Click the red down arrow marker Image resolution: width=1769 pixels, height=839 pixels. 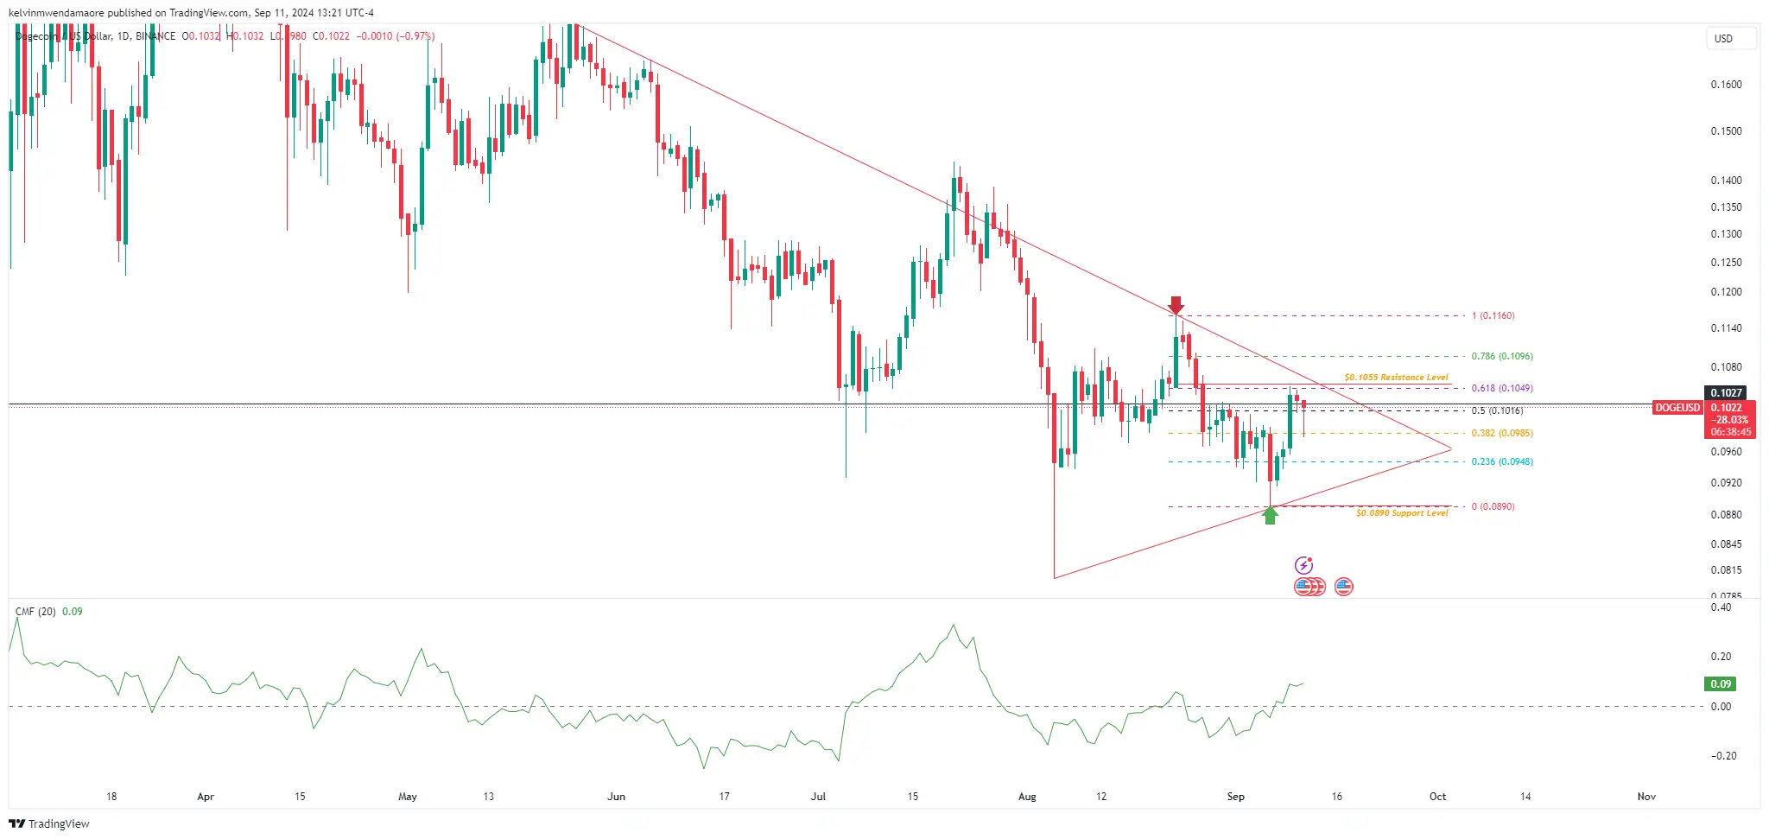pos(1176,305)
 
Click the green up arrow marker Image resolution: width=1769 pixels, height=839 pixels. pos(1270,516)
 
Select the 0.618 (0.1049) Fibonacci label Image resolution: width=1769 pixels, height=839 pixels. pos(1502,388)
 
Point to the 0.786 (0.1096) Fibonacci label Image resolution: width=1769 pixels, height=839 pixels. pos(1502,356)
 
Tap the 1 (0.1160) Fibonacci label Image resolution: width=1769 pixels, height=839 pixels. pos(1493,316)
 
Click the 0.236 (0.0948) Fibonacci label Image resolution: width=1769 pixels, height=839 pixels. pos(1502,461)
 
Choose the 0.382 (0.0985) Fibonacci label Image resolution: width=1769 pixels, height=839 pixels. pos(1502,433)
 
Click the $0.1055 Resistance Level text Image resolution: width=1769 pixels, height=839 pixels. pos(1396,378)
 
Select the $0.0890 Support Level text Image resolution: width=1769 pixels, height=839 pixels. pos(1402,513)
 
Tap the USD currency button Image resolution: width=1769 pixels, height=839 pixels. pos(1723,39)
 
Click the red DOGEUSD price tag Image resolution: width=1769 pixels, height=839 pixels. pos(1677,408)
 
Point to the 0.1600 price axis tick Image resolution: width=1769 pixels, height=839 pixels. pos(1726,85)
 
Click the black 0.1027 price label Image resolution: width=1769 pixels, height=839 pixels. pos(1726,393)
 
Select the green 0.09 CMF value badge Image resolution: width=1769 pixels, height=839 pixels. pos(1721,684)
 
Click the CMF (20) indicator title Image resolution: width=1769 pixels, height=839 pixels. pos(35,612)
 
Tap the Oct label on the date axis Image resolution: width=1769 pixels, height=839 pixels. pos(1437,797)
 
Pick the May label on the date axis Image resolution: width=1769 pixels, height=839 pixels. pos(408,797)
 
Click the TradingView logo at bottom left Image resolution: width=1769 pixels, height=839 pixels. pos(49,823)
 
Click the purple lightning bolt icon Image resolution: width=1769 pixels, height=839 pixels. pos(1303,566)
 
